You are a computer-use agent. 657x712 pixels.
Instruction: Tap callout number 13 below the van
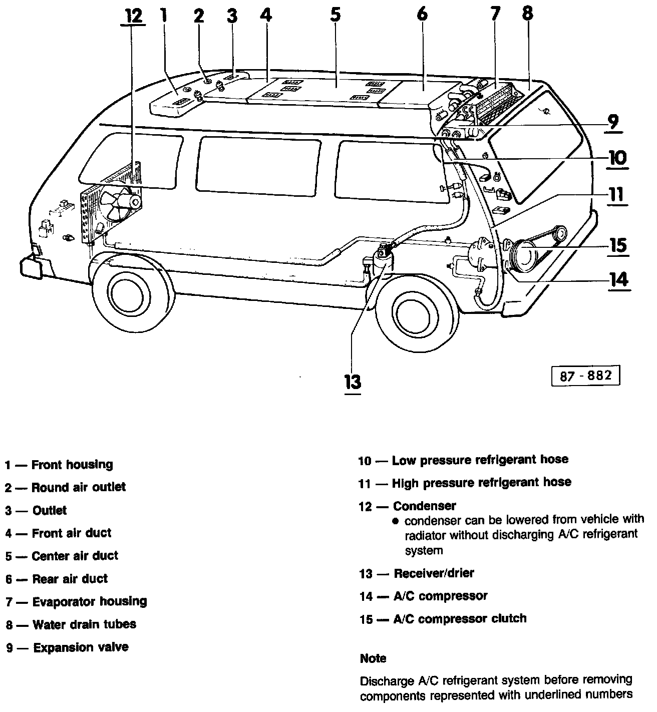353,382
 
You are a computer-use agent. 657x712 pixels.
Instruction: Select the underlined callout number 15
618,245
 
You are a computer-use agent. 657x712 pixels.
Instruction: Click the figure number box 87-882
585,376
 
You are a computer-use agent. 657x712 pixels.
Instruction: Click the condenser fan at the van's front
116,204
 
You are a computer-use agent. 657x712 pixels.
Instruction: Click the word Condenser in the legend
424,506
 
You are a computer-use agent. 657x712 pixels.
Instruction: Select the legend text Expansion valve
81,647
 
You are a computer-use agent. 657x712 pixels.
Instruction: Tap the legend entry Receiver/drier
434,573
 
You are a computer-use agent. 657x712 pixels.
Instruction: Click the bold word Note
373,658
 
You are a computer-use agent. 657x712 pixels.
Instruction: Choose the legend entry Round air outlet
79,487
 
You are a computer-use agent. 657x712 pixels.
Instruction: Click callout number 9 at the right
613,122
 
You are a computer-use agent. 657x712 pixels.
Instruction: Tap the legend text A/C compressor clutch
460,618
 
